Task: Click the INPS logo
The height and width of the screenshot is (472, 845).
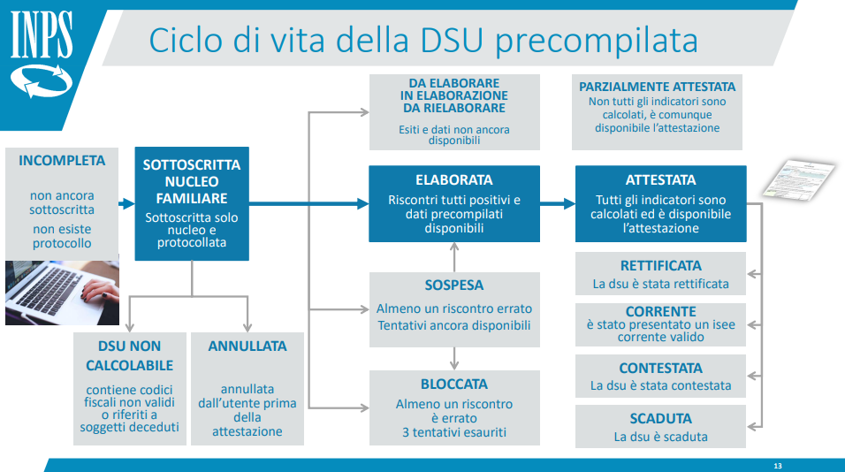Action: pos(42,54)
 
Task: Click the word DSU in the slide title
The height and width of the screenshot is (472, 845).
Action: pos(451,41)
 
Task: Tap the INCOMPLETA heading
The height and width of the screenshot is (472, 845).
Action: pos(62,161)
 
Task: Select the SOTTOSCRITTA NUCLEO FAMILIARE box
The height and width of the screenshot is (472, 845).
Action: pos(192,203)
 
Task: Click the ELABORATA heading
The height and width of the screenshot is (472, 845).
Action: pos(454,180)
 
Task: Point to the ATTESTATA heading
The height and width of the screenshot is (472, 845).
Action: pos(660,180)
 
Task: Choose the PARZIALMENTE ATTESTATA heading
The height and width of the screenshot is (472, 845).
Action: pos(657,87)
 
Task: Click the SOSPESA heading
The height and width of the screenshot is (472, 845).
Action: pos(454,285)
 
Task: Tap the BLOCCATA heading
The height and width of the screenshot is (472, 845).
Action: pos(454,384)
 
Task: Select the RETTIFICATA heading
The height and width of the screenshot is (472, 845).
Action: pos(660,266)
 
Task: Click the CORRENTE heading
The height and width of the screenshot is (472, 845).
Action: pos(660,311)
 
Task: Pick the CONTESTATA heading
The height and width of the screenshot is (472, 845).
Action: pos(660,368)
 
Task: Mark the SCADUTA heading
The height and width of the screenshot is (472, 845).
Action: pos(660,419)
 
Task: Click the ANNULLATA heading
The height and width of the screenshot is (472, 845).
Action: pos(247,346)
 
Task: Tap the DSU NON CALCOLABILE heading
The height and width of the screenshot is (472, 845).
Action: pos(129,355)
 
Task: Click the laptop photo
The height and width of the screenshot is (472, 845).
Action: pos(63,293)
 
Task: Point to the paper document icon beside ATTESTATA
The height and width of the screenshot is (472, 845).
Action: pos(799,179)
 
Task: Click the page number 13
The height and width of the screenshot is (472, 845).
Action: pos(778,466)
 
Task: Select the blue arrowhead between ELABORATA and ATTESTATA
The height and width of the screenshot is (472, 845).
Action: pos(569,203)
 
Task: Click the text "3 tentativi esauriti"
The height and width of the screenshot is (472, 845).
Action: pos(454,432)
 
